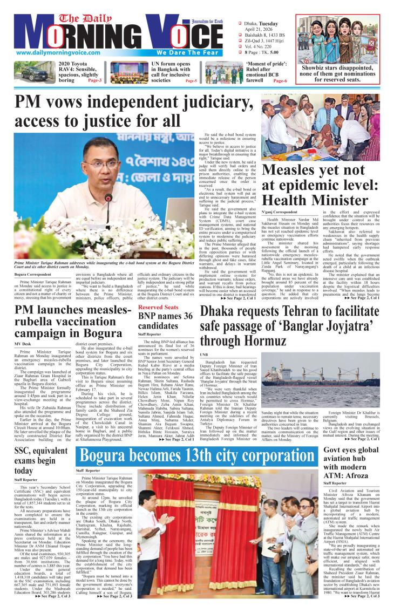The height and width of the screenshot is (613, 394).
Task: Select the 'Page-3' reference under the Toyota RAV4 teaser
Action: coord(95,80)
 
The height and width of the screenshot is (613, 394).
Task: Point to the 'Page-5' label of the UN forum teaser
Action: coord(191,80)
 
